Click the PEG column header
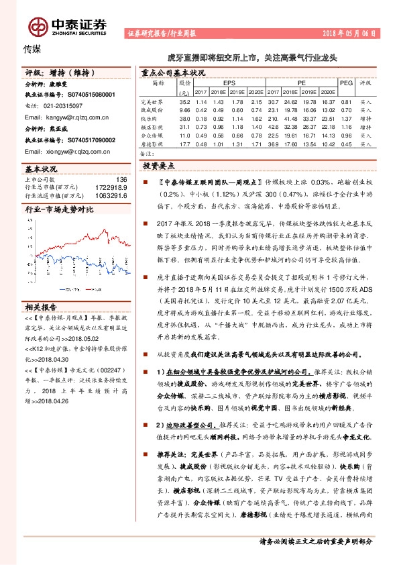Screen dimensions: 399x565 [x=346, y=83]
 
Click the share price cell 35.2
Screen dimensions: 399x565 [x=185, y=101]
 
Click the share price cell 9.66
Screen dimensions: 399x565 [x=185, y=110]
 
